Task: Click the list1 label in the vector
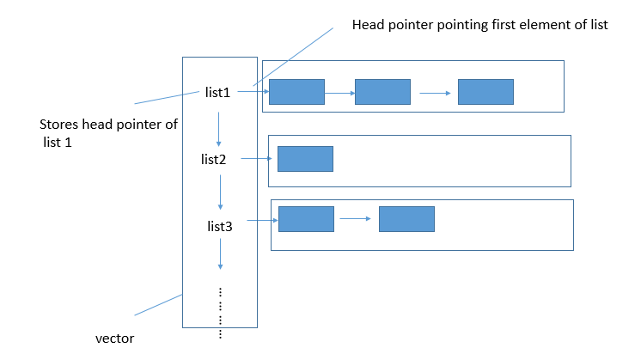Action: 217,93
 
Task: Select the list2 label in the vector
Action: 213,159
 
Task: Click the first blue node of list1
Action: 296,92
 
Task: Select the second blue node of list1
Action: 382,92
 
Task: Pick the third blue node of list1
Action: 485,92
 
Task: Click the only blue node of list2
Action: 305,159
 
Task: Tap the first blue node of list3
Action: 306,218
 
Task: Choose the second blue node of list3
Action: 406,218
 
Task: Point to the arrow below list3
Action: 221,255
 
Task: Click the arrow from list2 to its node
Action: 258,159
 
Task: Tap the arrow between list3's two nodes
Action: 356,218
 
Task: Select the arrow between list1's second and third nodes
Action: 434,93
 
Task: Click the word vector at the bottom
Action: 114,338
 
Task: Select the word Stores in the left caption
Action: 59,125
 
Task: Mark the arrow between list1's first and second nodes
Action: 339,92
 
